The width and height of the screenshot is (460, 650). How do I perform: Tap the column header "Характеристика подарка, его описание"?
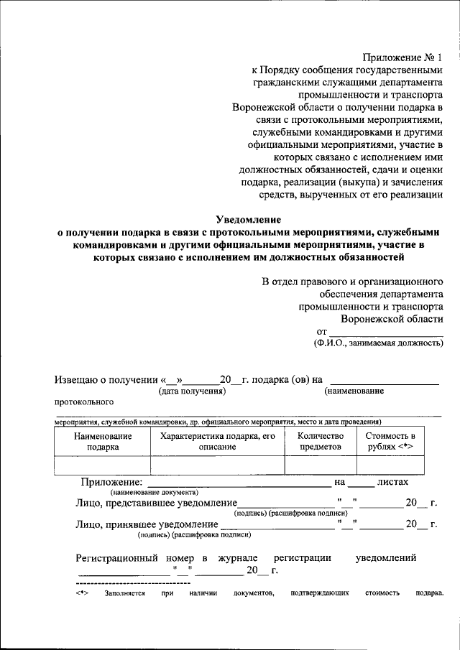coord(218,441)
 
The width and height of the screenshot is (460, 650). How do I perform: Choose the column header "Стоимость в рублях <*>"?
coord(390,441)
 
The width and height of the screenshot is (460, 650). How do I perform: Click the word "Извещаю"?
coord(77,380)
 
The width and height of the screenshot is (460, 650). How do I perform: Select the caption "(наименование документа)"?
coord(154,493)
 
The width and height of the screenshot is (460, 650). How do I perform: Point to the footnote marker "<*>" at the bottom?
coord(81,593)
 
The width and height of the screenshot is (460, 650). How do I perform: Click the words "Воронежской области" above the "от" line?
coord(392,318)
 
